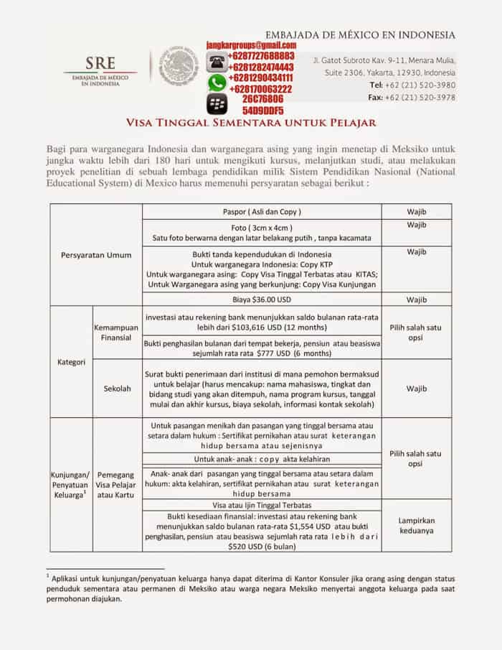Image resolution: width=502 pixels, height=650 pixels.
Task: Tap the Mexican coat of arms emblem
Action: pos(176,70)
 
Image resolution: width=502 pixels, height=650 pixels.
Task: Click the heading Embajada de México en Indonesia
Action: pos(360,34)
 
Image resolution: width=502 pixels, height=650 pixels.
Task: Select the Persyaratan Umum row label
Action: pos(95,254)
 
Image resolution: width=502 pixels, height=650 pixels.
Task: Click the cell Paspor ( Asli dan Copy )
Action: pos(262,212)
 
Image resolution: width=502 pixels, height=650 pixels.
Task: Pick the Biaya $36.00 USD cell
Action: pos(262,299)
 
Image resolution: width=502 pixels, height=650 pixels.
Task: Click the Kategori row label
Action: pos(71,362)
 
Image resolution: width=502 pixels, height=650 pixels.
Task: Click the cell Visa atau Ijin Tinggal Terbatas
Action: pos(262,505)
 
